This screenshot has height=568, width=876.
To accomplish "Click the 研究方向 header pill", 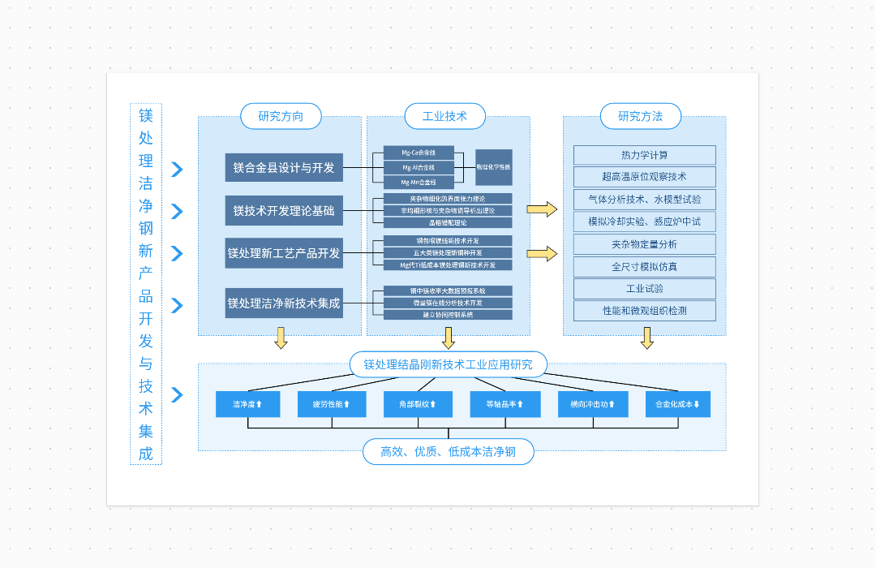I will point(281,116).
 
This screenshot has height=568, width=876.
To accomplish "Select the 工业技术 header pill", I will point(444,116).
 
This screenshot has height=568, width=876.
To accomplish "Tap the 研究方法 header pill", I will point(640,116).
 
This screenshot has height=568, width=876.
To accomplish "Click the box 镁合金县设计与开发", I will point(284,167).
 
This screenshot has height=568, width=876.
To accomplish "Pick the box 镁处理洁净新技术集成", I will point(284,303).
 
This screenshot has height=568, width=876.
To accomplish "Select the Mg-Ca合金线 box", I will point(419,153).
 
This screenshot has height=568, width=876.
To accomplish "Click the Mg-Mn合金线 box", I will point(419,182).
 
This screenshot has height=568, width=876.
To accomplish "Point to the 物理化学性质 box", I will point(494,167).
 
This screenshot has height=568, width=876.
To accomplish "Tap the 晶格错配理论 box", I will point(448,222).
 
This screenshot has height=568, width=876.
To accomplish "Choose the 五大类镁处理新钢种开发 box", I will point(448,252).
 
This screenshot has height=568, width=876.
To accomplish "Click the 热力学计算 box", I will point(645,155).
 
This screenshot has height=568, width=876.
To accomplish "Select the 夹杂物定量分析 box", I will point(645,244).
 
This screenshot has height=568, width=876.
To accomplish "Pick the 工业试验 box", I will point(645,288).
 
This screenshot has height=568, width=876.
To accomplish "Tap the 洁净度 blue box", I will point(247,404).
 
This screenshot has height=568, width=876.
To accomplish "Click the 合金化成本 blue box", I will point(677,404).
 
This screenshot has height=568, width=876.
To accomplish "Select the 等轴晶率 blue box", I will point(505,404).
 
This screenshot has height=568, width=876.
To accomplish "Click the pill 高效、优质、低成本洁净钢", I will point(448,452).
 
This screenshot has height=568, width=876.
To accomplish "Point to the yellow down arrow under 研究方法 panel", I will point(646,338).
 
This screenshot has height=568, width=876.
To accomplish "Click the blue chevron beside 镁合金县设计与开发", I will point(177,169).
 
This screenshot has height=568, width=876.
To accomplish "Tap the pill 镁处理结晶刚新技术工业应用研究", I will point(448,364).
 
